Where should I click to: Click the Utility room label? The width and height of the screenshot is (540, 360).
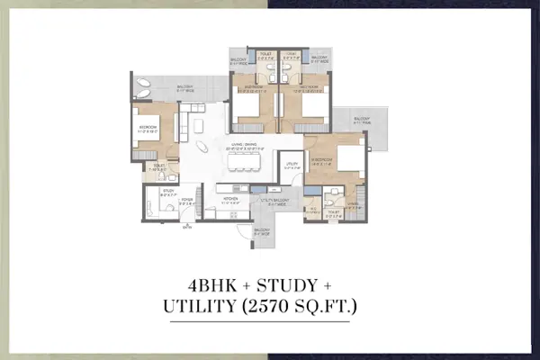pos(289,166)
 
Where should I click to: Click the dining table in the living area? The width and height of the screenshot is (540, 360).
pos(245,161)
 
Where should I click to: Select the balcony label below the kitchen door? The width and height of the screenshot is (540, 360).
pos(261,233)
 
